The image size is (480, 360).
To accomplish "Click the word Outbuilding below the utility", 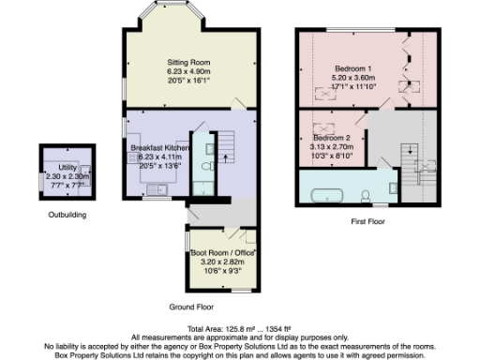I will pos(67,215).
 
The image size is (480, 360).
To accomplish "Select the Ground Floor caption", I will pos(191,307).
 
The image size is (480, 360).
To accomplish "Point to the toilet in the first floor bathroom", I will pos(365,194).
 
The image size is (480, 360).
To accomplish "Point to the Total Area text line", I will pos(240,329).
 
